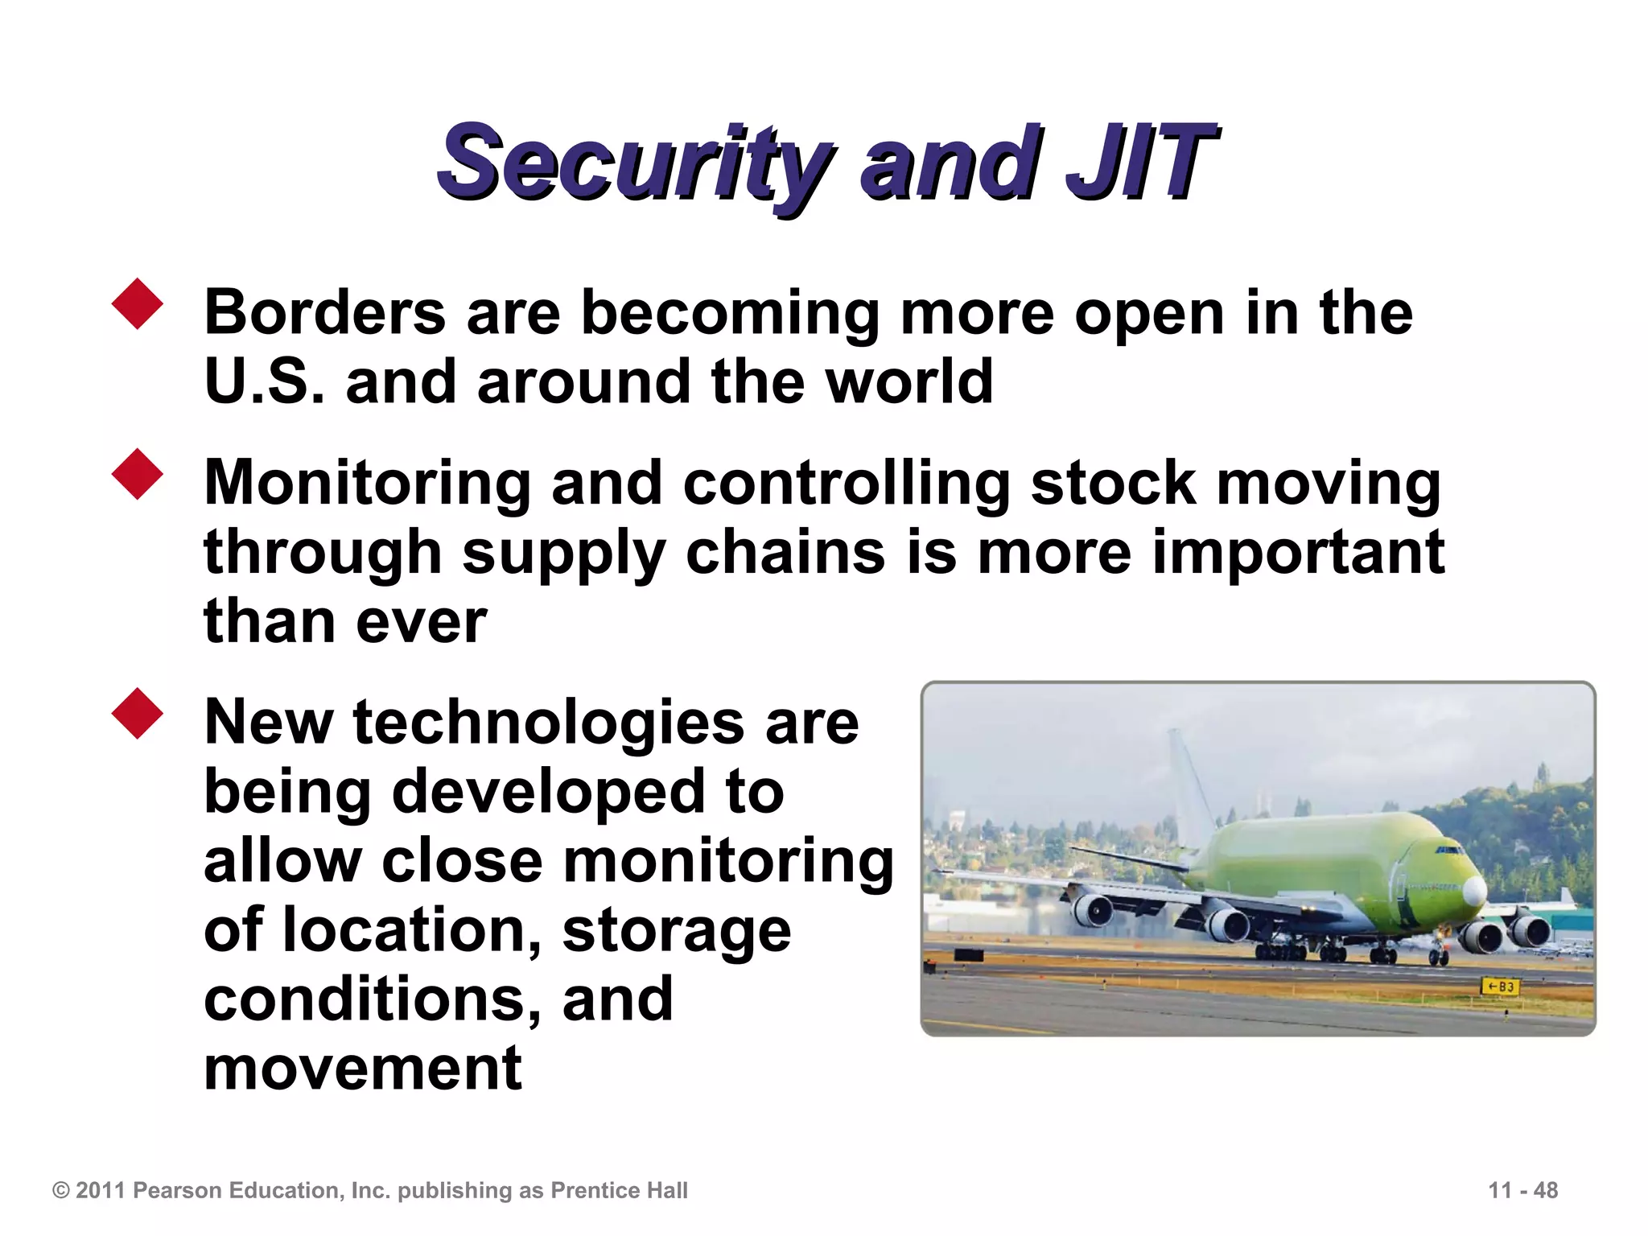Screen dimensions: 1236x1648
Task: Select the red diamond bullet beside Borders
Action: (x=138, y=304)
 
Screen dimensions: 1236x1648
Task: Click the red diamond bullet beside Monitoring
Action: (x=138, y=475)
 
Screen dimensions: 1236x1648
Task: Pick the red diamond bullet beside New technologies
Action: (x=138, y=714)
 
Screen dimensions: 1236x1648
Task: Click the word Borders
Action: (x=324, y=312)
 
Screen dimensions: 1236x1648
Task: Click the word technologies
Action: (x=549, y=723)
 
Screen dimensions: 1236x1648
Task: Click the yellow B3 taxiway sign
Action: (x=1500, y=987)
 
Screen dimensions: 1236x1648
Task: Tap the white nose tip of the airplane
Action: (x=1475, y=890)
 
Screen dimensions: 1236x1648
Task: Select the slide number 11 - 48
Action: (x=1522, y=1190)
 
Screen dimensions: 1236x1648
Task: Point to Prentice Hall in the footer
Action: (x=619, y=1191)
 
